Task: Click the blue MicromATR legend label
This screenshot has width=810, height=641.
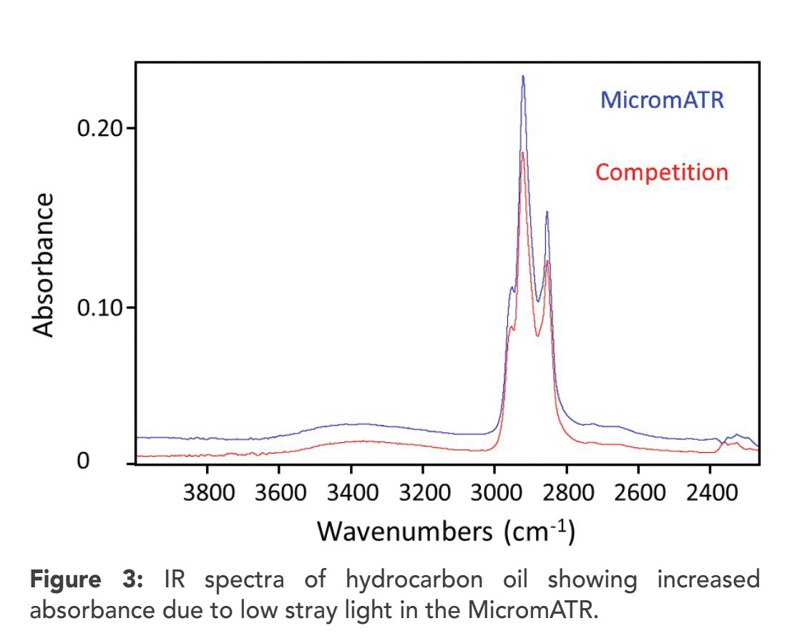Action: (x=662, y=99)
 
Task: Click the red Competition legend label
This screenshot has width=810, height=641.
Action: (x=662, y=172)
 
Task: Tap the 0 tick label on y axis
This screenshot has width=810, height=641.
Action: (x=84, y=462)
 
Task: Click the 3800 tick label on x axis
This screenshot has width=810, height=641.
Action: (x=208, y=493)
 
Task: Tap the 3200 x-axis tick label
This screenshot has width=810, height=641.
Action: (x=422, y=493)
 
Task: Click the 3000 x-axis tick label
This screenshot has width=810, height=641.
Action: (x=494, y=493)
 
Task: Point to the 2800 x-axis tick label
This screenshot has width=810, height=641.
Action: (x=566, y=493)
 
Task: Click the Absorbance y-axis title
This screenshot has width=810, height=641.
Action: (x=44, y=265)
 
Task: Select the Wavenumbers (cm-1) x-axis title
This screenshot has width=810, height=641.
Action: (x=446, y=532)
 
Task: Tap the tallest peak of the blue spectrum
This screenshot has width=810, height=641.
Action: (x=523, y=77)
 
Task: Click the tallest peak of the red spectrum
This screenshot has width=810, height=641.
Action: (x=523, y=152)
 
